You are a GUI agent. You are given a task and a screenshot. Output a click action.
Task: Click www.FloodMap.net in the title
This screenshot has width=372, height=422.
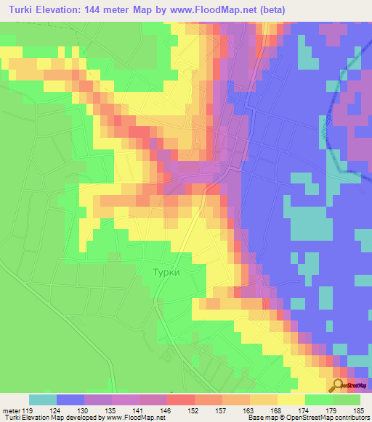click(x=217, y=9)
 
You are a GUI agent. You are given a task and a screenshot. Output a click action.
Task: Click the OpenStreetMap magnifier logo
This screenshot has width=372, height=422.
click(x=339, y=386)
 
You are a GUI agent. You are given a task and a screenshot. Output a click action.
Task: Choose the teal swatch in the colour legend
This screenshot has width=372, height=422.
click(x=43, y=400)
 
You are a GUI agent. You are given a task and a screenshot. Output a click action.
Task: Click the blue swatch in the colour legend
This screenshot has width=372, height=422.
click(x=70, y=400)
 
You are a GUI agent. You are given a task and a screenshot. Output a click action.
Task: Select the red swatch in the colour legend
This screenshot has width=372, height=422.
click(x=181, y=400)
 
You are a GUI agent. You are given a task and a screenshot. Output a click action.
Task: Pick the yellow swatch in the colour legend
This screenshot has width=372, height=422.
click(x=291, y=400)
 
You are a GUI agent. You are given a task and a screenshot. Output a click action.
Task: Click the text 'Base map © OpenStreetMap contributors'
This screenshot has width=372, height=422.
click(x=307, y=417)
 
